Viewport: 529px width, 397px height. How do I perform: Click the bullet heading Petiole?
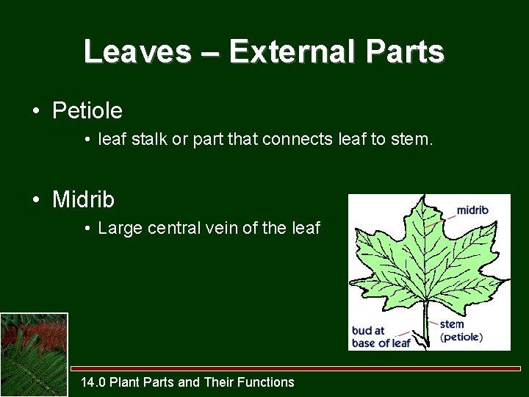87,111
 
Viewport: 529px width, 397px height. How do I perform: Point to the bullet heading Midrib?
83,199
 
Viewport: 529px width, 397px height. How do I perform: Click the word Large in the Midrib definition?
120,228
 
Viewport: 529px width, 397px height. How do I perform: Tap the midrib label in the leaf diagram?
472,210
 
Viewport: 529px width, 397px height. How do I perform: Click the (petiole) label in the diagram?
461,337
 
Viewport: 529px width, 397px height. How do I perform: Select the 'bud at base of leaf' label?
381,337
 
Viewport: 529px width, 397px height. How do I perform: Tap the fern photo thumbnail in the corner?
34,354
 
